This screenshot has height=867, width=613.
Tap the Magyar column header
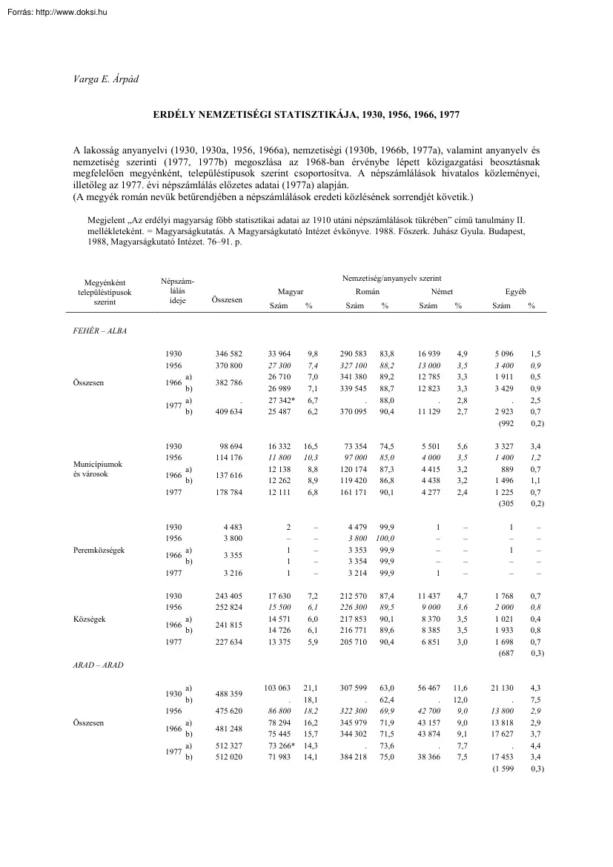click(x=290, y=293)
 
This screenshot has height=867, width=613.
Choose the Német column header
click(x=442, y=293)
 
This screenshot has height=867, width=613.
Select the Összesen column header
click(x=226, y=300)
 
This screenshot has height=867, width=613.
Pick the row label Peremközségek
click(x=100, y=551)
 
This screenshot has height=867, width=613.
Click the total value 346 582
click(x=228, y=355)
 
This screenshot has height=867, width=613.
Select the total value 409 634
click(x=228, y=411)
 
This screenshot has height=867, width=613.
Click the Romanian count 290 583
click(x=353, y=355)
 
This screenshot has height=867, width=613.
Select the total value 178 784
click(x=228, y=492)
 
